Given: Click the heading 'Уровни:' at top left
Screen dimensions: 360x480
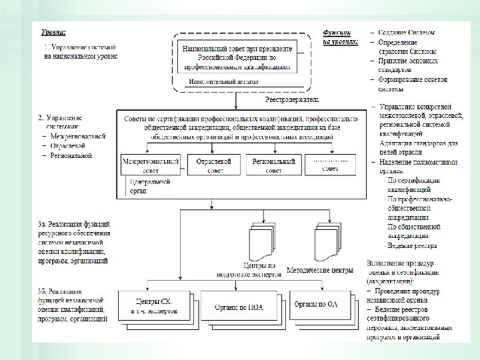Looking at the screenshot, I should (x=55, y=31).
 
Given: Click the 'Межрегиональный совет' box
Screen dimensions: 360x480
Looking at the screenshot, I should (x=151, y=165).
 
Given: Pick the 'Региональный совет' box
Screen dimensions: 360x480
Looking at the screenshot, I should (x=273, y=165).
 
